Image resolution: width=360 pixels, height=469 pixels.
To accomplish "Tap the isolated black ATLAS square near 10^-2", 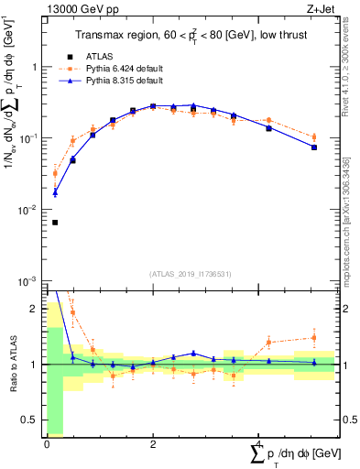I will click(x=54, y=223).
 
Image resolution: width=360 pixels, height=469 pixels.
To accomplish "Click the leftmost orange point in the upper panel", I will click(x=54, y=173).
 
